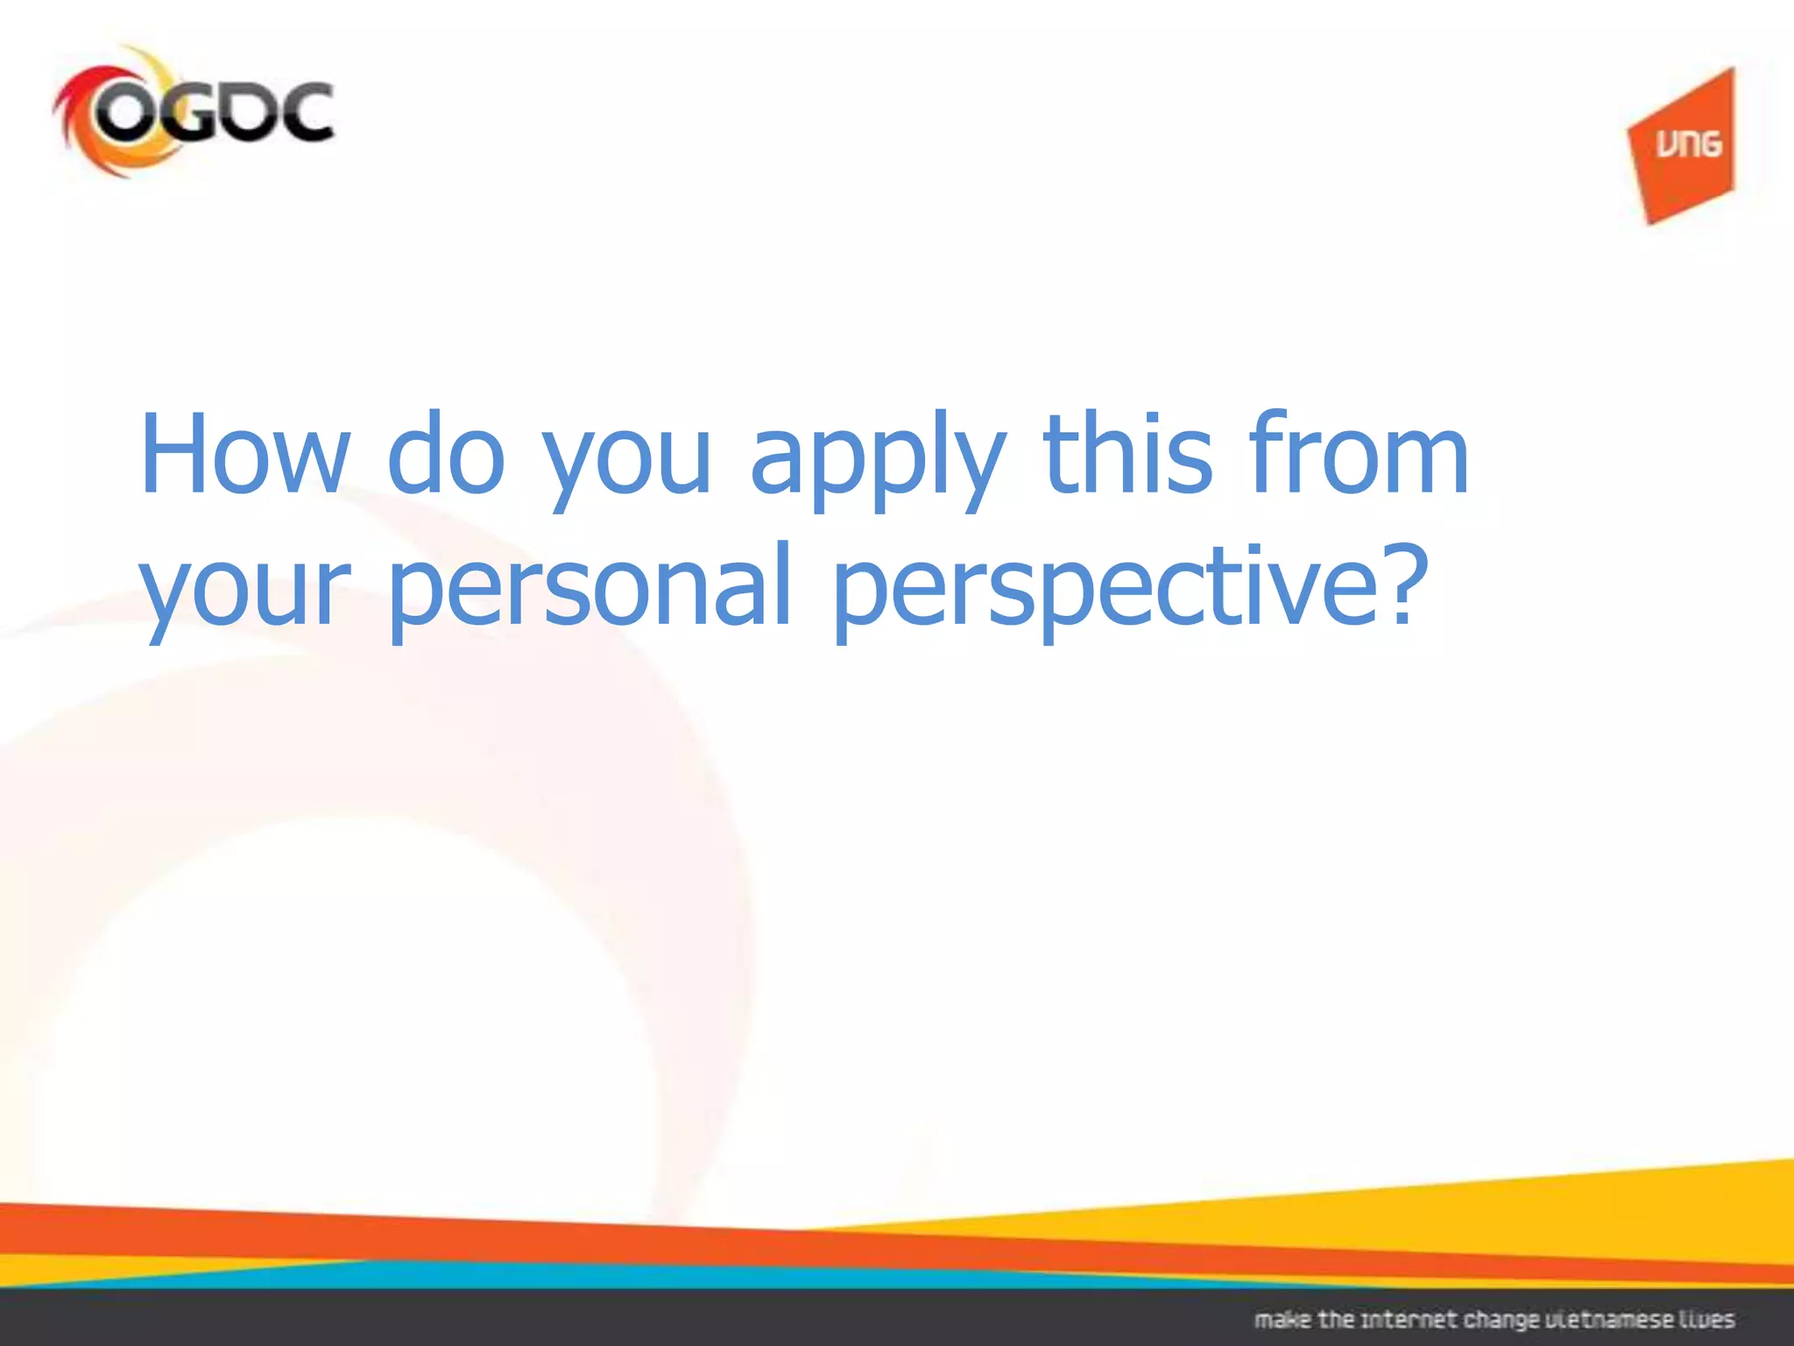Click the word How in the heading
pyautogui.click(x=244, y=456)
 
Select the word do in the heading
pyautogui.click(x=445, y=456)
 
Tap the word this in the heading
pyautogui.click(x=1127, y=456)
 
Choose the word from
pyautogui.click(x=1358, y=456)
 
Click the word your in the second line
pyautogui.click(x=246, y=592)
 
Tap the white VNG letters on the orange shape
pyautogui.click(x=1688, y=143)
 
